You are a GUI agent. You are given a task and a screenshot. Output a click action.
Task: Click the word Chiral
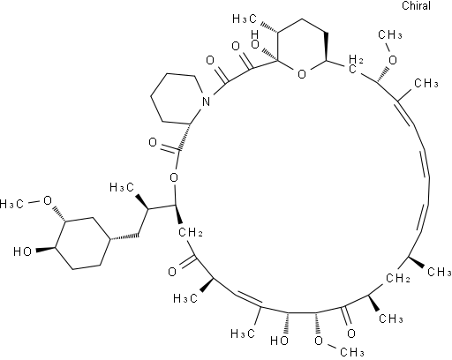coord(416,6)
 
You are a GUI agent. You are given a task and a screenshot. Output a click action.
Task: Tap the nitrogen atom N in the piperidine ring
coord(207,101)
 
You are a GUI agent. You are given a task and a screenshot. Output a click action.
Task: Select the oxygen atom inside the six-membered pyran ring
coord(302,74)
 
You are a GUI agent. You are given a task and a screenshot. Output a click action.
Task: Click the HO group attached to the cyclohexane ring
coord(23,251)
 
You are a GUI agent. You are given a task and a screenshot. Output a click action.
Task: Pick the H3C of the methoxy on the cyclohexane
coord(11,204)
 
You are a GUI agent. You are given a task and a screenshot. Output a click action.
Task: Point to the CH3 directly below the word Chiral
coord(390,35)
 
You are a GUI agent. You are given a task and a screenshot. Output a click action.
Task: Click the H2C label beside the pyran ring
coord(355,64)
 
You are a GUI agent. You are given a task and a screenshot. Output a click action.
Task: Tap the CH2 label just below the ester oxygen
coord(191,233)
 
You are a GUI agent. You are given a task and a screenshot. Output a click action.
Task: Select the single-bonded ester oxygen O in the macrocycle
coord(174,177)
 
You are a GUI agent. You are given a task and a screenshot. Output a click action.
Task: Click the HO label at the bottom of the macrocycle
coord(279,341)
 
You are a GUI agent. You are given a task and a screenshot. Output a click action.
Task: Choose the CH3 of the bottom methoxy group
coord(352,352)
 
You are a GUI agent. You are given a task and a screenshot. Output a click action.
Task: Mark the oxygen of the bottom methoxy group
coord(319,341)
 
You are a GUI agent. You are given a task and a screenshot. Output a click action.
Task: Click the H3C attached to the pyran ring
coord(245,19)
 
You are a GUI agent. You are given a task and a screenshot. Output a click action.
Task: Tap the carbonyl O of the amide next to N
coord(210,60)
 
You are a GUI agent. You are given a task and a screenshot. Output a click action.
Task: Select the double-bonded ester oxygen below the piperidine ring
coord(153,142)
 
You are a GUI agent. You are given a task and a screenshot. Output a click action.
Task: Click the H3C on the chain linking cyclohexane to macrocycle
coord(122,187)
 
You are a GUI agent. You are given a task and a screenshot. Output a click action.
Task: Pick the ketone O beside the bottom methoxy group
coord(351,334)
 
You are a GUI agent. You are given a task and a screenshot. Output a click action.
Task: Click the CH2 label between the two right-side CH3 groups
coord(397,278)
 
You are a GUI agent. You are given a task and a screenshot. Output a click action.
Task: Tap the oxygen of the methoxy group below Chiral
coord(393,60)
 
